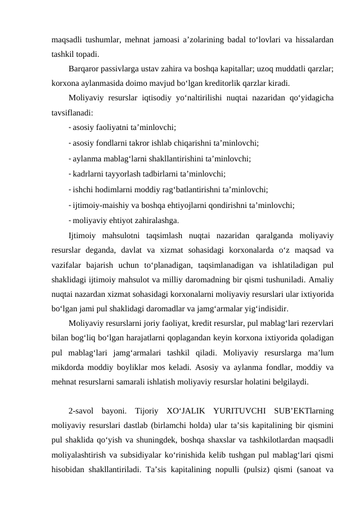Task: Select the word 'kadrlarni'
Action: pos(89,174)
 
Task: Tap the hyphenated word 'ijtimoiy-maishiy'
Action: pos(100,205)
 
